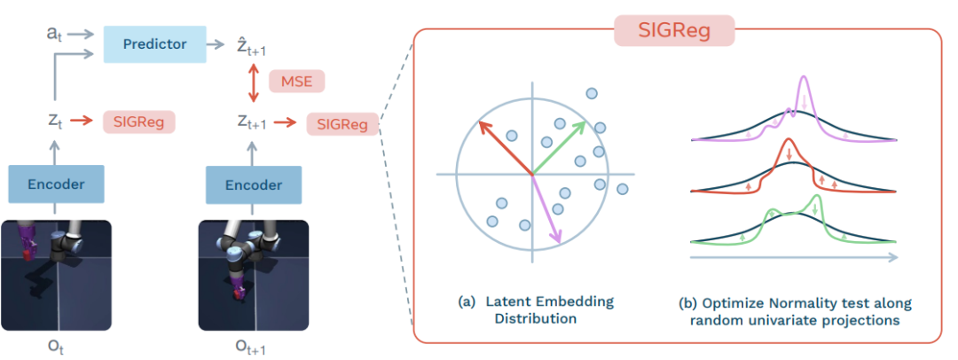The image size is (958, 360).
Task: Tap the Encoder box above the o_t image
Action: pyautogui.click(x=56, y=185)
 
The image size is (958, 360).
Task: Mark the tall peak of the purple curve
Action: pyautogui.click(x=804, y=85)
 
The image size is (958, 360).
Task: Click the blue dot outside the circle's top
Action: pyautogui.click(x=589, y=92)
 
